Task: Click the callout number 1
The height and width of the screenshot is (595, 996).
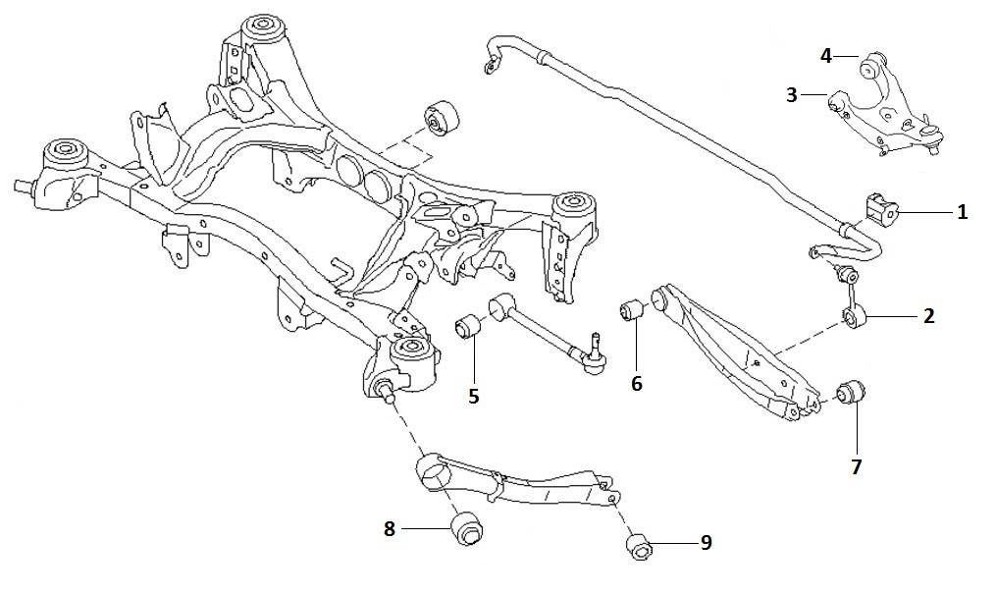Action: [962, 212]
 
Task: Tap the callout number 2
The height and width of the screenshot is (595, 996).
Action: [928, 316]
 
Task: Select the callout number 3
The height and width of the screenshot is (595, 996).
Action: [791, 95]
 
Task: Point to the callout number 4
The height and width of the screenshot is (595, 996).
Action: [826, 56]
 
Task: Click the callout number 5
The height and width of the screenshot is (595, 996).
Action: [474, 396]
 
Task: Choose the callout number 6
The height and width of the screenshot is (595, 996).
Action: [637, 383]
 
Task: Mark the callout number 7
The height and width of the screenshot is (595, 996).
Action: [856, 467]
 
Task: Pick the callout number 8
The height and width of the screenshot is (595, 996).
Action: [390, 528]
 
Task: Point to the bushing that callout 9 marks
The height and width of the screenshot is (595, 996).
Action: [637, 547]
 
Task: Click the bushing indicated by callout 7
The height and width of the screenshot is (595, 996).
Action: [849, 393]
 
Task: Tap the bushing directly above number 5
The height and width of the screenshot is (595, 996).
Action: [468, 325]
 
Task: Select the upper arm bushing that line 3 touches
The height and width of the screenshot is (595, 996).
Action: [837, 102]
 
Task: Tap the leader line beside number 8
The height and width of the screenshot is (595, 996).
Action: [425, 528]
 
